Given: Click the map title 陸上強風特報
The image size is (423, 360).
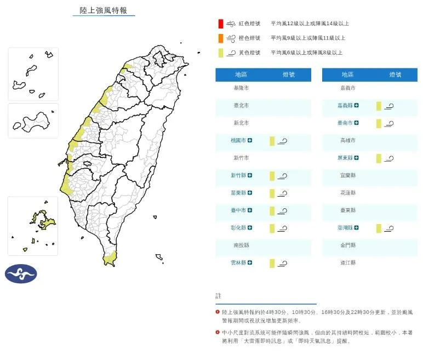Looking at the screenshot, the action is [x=104, y=10].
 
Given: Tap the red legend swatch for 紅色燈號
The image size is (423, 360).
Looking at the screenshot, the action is [x=220, y=24].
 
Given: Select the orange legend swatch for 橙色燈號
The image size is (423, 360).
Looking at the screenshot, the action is [x=220, y=38].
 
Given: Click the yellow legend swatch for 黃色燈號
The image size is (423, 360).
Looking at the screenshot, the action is [x=220, y=53].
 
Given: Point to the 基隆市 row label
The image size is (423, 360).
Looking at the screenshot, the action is [x=241, y=88].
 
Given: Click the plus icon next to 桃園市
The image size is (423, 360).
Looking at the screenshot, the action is [x=250, y=141].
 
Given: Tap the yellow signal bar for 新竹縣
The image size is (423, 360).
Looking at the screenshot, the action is [x=272, y=176].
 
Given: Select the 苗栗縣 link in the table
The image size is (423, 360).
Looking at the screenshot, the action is [x=238, y=193].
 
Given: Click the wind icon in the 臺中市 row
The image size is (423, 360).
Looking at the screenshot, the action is [x=283, y=211].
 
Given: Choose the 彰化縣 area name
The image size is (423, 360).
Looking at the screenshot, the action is [x=238, y=228].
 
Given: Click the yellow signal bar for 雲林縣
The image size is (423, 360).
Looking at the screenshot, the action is [x=272, y=264].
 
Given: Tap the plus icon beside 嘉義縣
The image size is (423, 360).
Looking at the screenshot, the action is [x=357, y=106].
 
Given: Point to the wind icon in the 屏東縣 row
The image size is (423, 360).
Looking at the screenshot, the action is [x=389, y=158].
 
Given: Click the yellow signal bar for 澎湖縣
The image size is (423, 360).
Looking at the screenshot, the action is [x=379, y=228].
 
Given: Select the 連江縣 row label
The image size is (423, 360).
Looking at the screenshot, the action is [x=348, y=263].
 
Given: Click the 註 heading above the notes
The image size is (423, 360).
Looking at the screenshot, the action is [x=218, y=296].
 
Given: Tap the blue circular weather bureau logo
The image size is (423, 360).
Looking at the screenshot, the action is [x=21, y=273].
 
